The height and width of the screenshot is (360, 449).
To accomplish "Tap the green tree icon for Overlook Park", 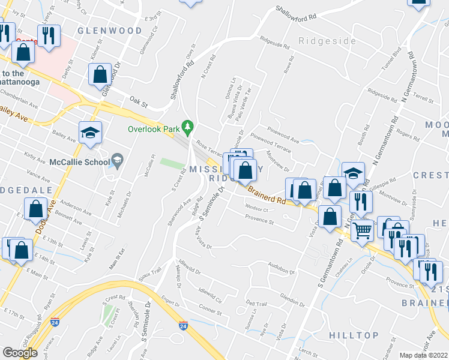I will coord(188,126).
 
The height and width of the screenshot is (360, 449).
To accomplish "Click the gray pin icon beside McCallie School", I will coord(117,160).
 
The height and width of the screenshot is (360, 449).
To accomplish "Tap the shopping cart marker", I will coord(362,230).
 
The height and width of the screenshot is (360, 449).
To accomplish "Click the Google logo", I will coord(20,352).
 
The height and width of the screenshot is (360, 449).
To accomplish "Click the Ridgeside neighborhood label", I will coord(322,41).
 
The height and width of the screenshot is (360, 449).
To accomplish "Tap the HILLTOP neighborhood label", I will coord(354,335).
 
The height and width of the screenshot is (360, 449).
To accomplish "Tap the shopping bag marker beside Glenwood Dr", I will coord(100,76).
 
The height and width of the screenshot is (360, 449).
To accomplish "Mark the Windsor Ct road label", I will coord(256,208).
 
